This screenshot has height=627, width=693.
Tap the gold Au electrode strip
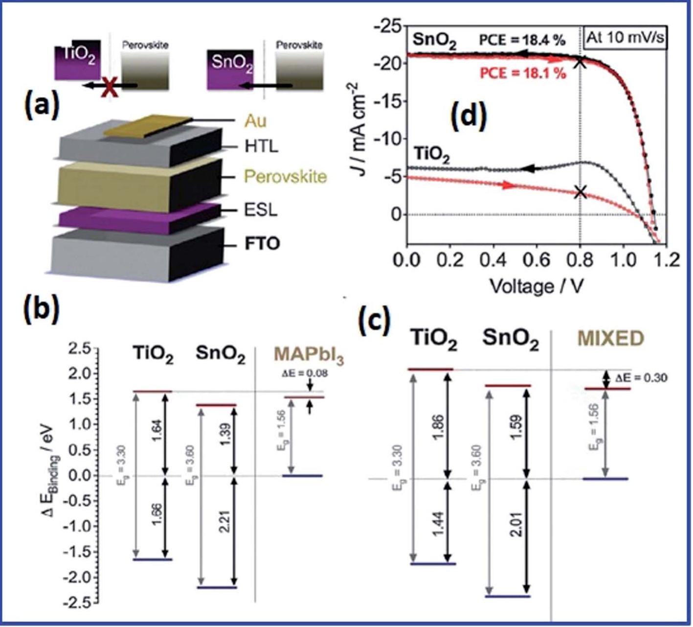147,126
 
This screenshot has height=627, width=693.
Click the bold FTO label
263,243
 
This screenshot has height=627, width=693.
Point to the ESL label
261,210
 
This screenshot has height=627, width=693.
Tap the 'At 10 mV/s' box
625,38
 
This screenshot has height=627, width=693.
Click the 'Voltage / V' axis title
537,285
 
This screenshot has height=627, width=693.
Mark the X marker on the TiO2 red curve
580,192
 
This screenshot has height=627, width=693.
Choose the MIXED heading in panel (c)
610,338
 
